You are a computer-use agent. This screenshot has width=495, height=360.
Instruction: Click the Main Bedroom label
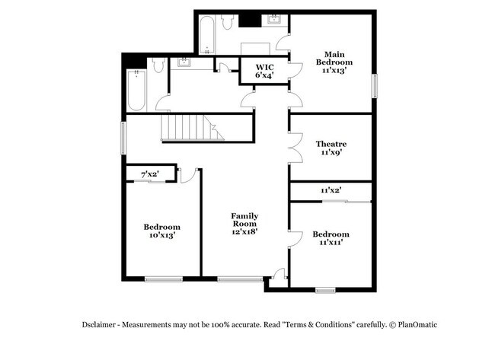(x=334, y=62)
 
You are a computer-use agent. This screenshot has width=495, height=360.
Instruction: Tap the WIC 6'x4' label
(x=264, y=71)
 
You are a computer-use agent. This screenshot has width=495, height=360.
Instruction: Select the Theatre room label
(x=331, y=148)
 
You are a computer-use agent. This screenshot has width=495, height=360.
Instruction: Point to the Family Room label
(x=244, y=224)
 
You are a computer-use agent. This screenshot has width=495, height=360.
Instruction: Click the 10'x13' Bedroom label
(x=162, y=231)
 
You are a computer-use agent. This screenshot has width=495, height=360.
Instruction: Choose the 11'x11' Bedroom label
(x=331, y=238)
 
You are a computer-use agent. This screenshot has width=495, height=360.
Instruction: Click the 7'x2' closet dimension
(x=149, y=174)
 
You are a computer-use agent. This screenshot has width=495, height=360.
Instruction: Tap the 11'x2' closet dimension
(x=331, y=190)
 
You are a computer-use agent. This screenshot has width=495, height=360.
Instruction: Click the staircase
(x=193, y=127)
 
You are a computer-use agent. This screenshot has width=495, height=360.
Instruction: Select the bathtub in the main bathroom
(x=207, y=35)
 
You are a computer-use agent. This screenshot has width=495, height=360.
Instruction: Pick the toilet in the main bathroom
(x=227, y=22)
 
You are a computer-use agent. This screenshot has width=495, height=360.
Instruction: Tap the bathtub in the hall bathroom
(x=136, y=91)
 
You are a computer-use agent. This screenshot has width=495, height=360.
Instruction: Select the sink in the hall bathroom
(x=184, y=62)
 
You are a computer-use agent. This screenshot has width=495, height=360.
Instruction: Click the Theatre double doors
(x=296, y=148)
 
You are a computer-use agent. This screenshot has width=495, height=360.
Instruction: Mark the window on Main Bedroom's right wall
(x=375, y=86)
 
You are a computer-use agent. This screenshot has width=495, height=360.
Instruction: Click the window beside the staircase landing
(x=123, y=139)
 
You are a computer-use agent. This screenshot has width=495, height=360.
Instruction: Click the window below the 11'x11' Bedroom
(x=325, y=290)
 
